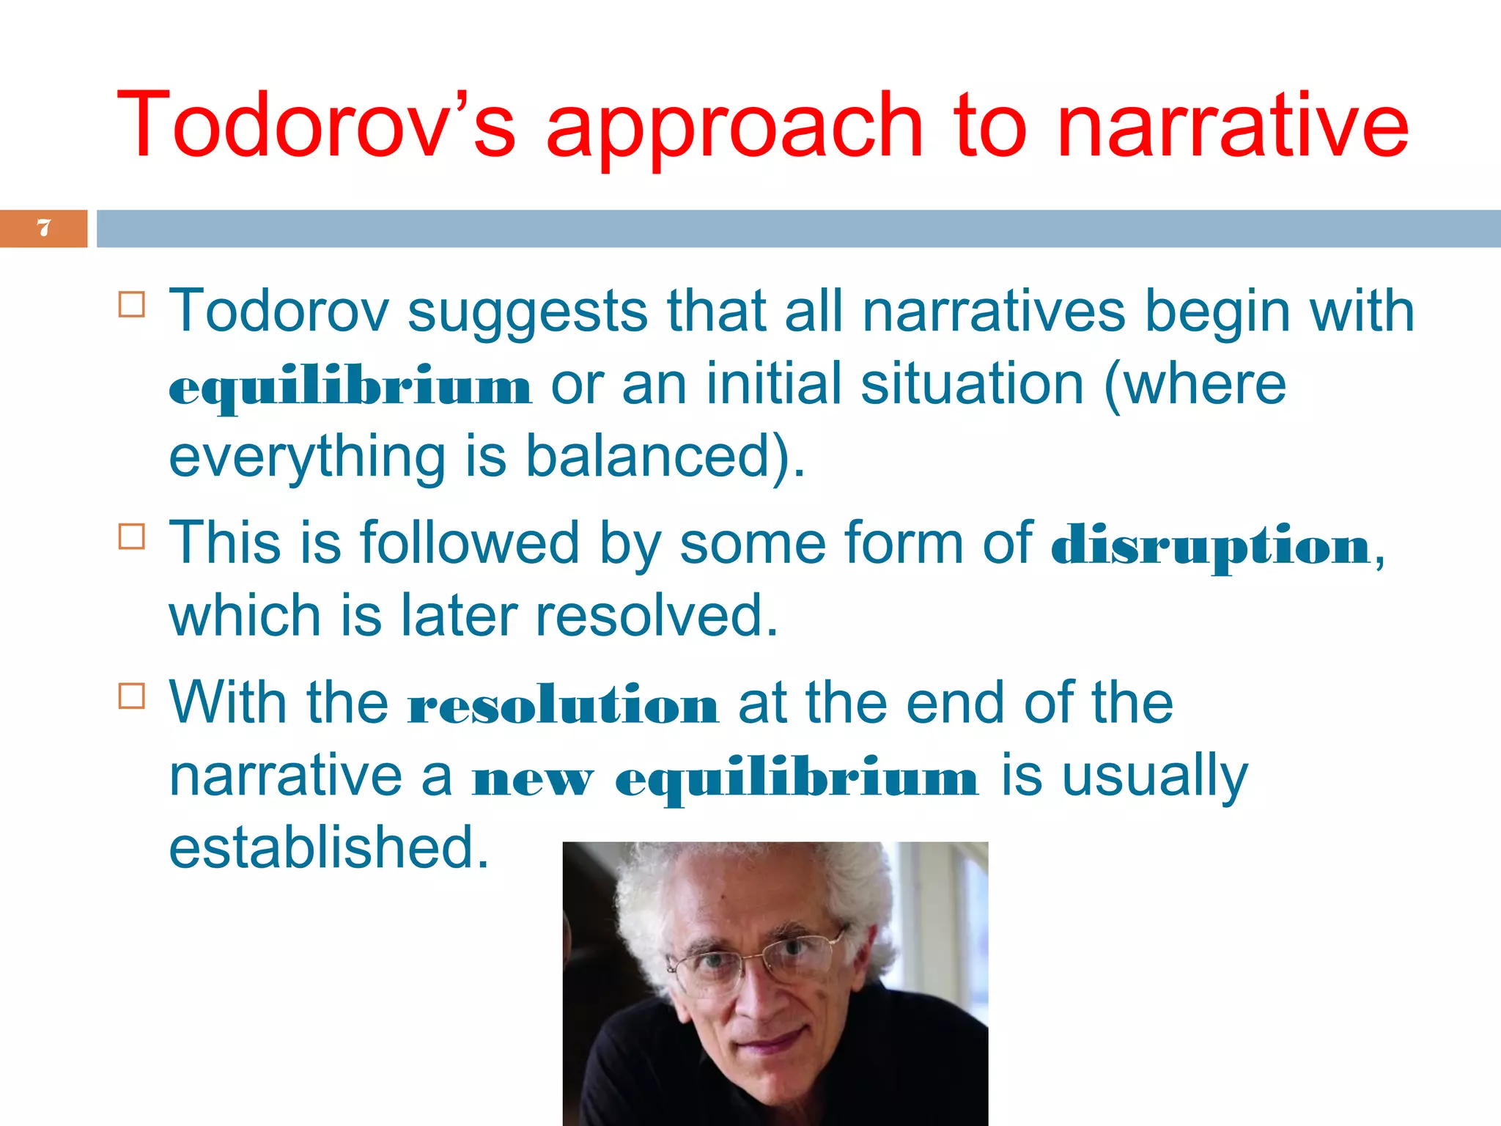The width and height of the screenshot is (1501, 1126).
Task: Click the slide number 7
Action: tap(44, 228)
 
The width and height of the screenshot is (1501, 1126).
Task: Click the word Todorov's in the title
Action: tap(316, 125)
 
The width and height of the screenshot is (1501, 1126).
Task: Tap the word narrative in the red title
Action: tap(1232, 125)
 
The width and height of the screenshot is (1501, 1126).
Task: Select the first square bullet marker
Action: tap(132, 304)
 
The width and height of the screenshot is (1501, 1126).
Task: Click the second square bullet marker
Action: tap(132, 537)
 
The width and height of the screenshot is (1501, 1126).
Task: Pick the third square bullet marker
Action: tap(132, 696)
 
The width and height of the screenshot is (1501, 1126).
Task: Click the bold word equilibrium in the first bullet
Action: tap(350, 387)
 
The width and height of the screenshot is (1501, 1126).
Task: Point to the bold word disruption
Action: tap(1210, 546)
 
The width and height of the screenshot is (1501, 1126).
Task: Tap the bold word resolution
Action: tap(563, 705)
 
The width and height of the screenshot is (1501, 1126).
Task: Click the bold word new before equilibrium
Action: tap(533, 779)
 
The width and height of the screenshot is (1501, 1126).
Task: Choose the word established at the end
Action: tap(328, 848)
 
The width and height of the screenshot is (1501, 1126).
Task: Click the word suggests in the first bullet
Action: tap(527, 312)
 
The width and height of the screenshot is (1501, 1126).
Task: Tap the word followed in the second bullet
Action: tap(469, 543)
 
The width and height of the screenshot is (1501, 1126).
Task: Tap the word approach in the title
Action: tap(734, 128)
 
